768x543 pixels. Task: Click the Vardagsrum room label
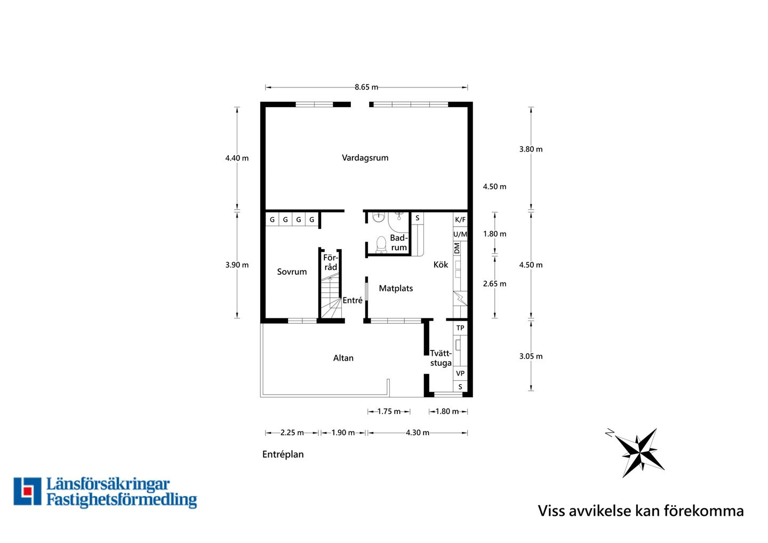[x=365, y=158]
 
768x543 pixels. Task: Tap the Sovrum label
[x=292, y=271]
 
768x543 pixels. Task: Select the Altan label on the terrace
[x=343, y=358]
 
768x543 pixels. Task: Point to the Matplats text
[x=396, y=288]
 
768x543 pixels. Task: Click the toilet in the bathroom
[x=381, y=244]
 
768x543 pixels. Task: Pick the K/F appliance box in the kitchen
[x=460, y=219]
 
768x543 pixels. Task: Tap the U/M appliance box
[x=460, y=234]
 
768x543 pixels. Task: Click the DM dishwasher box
[x=457, y=248]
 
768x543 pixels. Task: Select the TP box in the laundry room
[x=460, y=328]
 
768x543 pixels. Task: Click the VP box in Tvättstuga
[x=460, y=373]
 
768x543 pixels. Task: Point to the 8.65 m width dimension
[x=366, y=87]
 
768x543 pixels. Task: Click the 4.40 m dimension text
[x=237, y=158]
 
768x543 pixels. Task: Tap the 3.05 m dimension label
[x=531, y=356]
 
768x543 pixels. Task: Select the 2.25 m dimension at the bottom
[x=292, y=433]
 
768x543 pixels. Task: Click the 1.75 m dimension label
[x=389, y=411]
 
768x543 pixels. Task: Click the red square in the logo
[x=27, y=491]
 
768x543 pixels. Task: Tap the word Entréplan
[x=283, y=454]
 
